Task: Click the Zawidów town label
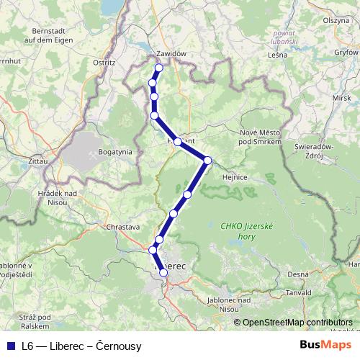[x=171, y=54]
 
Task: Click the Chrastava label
[x=122, y=227]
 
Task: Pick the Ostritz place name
[x=104, y=63]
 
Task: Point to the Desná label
[x=297, y=274]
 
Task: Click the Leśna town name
[x=277, y=54]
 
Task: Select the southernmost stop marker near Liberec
[x=163, y=273]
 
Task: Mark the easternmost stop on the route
[x=207, y=160]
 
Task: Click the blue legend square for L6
[x=9, y=346]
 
